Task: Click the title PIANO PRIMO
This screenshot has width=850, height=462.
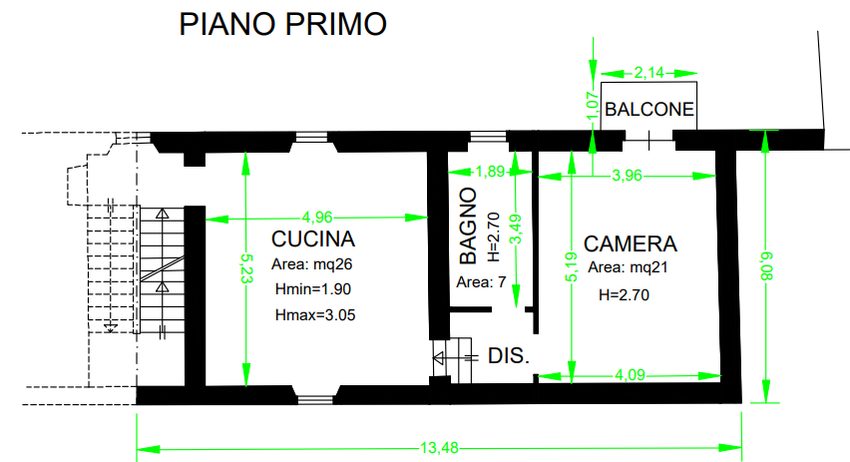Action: (x=282, y=24)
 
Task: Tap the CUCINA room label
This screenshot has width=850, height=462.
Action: (x=313, y=239)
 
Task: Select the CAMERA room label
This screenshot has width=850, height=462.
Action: (x=631, y=243)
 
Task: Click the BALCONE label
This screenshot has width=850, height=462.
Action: (x=649, y=110)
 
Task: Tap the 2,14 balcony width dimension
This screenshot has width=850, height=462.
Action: (x=648, y=72)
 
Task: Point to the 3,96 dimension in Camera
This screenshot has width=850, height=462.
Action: (x=627, y=177)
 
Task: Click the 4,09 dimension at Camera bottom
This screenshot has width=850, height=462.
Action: (x=629, y=376)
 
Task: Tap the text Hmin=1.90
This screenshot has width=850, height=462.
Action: (x=313, y=289)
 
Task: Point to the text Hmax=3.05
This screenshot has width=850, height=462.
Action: (x=314, y=314)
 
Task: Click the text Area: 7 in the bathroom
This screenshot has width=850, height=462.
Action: (x=482, y=282)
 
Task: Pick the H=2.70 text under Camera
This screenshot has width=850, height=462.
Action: (x=624, y=295)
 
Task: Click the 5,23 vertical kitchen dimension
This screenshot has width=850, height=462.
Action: (x=245, y=270)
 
